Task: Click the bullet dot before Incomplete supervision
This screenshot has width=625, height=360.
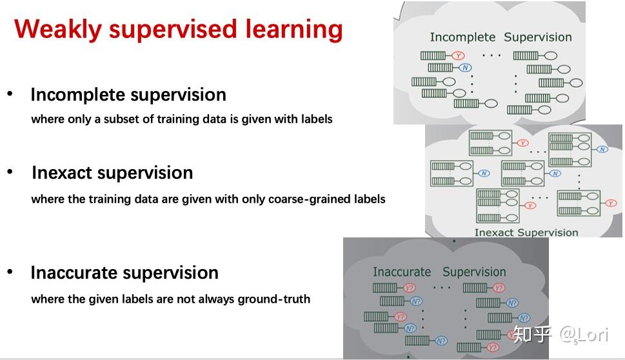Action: pos(10,94)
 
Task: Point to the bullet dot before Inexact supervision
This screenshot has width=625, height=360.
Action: pos(10,172)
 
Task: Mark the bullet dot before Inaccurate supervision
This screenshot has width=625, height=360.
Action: pos(10,272)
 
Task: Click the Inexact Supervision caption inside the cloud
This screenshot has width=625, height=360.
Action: pos(526,232)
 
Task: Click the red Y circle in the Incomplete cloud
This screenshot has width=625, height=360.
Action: pos(458,55)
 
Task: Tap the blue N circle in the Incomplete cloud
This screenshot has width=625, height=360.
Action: pos(466,68)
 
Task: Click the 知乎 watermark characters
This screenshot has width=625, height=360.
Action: pos(533,334)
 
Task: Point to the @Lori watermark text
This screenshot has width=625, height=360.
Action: pos(583,334)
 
